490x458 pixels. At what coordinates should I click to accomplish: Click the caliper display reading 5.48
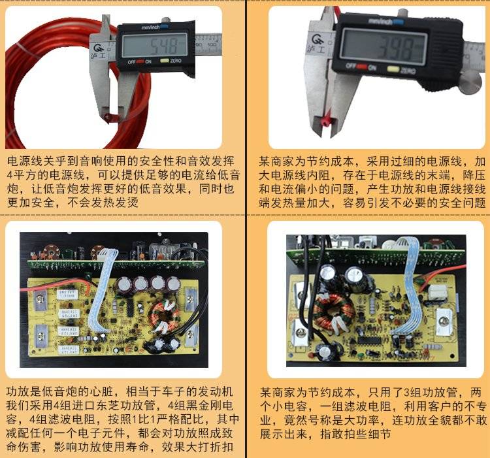[154, 45]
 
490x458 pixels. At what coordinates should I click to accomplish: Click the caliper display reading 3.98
[383, 47]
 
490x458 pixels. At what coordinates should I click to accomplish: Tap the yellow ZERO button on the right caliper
[393, 69]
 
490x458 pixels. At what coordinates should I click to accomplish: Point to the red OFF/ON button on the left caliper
[140, 61]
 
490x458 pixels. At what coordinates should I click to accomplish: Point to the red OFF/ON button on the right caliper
[362, 67]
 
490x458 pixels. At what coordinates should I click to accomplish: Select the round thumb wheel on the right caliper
[470, 82]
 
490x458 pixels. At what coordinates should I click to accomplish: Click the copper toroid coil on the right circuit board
[334, 312]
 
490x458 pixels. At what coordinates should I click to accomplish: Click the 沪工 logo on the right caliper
[317, 43]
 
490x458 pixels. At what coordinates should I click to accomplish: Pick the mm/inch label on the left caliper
[151, 27]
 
